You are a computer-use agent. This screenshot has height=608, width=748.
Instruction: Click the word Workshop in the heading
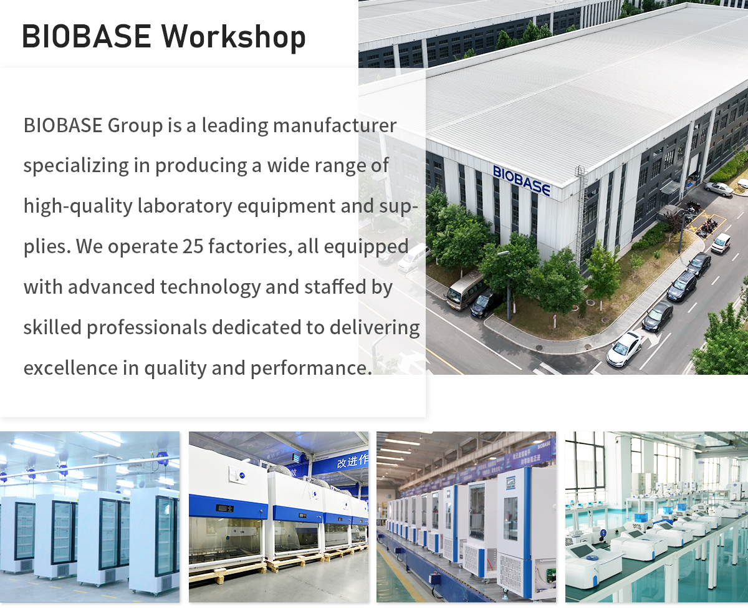pyautogui.click(x=234, y=37)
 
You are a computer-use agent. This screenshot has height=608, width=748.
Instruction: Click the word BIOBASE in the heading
pyautogui.click(x=87, y=36)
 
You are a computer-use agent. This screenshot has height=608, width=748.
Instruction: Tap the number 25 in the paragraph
pyautogui.click(x=193, y=246)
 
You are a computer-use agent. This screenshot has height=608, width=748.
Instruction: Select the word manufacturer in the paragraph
pyautogui.click(x=335, y=125)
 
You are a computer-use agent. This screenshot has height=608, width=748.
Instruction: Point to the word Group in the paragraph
pyautogui.click(x=135, y=126)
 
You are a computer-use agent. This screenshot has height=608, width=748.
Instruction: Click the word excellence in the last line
pyautogui.click(x=70, y=368)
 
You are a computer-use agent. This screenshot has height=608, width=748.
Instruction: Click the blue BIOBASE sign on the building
pyautogui.click(x=522, y=181)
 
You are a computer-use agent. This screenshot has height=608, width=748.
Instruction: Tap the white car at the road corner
pyautogui.click(x=625, y=349)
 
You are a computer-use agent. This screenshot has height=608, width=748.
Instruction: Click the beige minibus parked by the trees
pyautogui.click(x=465, y=290)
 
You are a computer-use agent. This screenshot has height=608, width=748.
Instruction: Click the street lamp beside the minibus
pyautogui.click(x=508, y=284)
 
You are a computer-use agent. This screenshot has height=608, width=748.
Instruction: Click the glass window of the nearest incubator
pyautogui.click(x=511, y=518)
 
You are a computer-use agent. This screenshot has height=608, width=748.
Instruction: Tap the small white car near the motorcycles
pyautogui.click(x=721, y=243)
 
